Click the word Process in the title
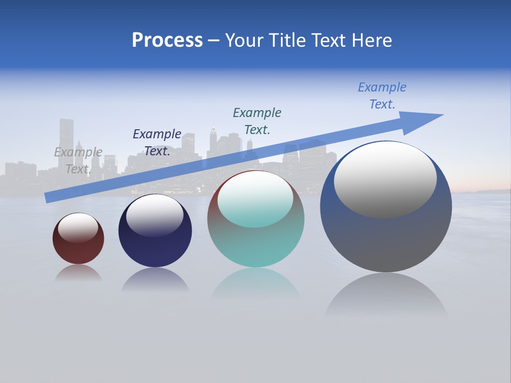click(167, 40)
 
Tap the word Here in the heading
click(372, 40)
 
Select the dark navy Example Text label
click(157, 143)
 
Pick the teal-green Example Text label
click(257, 121)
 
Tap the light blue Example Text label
click(382, 96)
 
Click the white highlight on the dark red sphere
click(78, 227)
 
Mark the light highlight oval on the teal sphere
click(256, 199)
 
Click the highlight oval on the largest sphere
click(385, 179)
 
